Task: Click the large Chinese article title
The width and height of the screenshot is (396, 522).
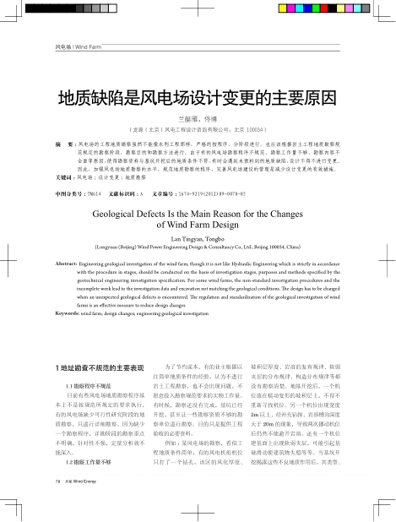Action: (x=197, y=99)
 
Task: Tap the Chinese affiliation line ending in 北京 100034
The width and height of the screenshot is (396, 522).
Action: (x=198, y=131)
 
